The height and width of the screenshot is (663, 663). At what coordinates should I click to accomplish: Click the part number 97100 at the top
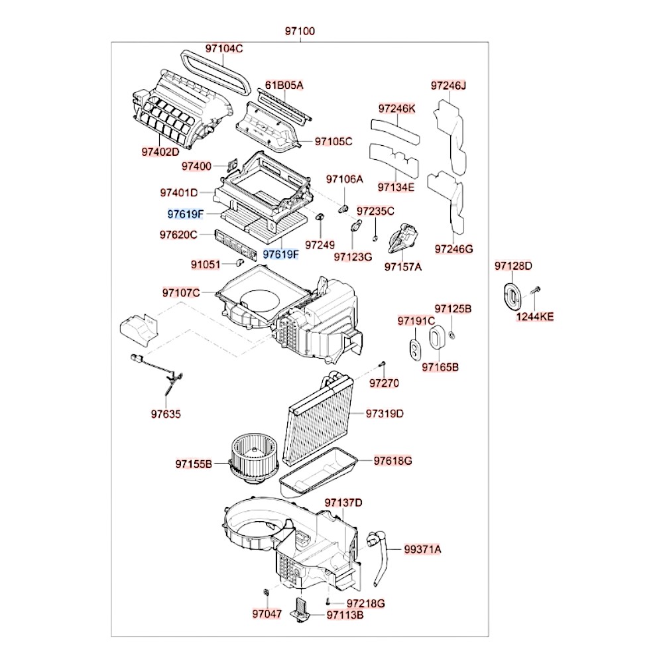point(300,31)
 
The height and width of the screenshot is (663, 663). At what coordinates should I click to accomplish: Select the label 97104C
point(223,48)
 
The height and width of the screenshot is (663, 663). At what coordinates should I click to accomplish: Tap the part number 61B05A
point(284,85)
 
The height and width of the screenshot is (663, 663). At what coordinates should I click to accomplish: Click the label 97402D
point(160,152)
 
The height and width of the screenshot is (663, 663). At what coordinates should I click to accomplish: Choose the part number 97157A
point(403,267)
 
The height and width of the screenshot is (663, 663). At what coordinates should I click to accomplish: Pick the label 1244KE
point(535,317)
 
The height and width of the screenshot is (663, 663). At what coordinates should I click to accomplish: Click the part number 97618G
point(392,460)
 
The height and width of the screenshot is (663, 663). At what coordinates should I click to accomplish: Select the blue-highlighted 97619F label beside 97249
point(280,254)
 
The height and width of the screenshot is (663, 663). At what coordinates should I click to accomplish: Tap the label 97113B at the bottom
point(345,615)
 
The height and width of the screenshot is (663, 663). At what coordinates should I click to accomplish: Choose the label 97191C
point(416,321)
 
